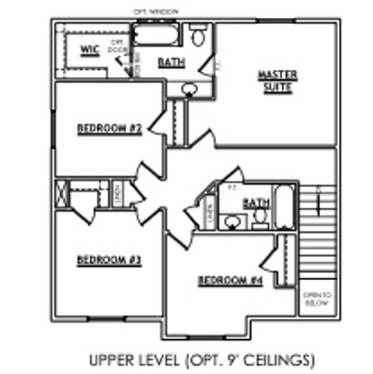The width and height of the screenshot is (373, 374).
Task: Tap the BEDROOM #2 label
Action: (109, 128)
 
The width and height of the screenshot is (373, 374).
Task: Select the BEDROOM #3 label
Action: (108, 259)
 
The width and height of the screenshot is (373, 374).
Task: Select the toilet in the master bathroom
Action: (198, 36)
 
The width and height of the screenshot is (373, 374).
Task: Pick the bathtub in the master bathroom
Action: (156, 35)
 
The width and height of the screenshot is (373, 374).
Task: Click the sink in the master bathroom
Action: (189, 89)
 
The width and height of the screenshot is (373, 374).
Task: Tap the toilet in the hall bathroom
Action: (261, 217)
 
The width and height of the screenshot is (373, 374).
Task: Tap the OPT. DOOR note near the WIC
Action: (118, 46)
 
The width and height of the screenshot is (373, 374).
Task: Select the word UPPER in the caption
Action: (111, 360)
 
